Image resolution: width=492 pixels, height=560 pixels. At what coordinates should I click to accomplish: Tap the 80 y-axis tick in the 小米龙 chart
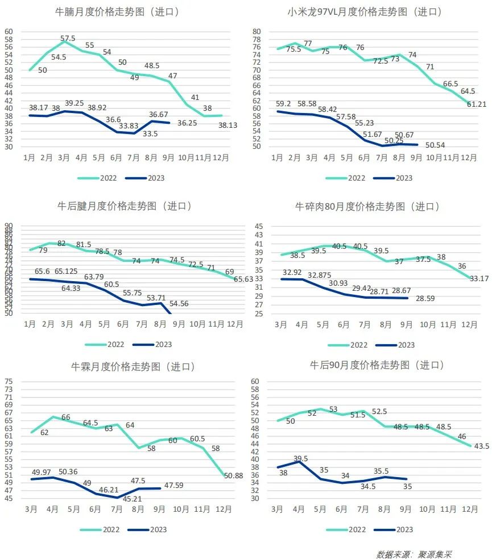(257, 32)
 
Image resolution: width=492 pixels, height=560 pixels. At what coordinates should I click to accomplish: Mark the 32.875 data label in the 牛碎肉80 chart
(322, 275)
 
